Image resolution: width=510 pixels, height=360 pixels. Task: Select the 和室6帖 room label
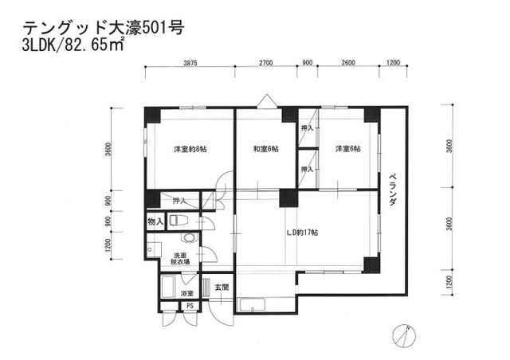(265, 149)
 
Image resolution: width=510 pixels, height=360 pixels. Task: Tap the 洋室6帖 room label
(347, 149)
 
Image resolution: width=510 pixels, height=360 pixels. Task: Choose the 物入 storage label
(155, 221)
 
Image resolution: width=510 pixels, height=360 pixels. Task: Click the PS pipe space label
(190, 305)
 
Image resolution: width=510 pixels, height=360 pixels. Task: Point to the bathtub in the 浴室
(168, 288)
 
